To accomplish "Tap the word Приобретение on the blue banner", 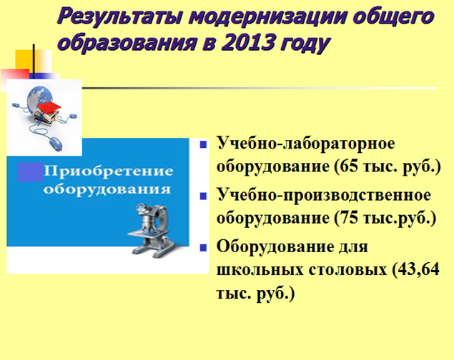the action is [109, 171].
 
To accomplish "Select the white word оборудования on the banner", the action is [107, 190].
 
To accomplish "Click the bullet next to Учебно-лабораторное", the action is [203, 144].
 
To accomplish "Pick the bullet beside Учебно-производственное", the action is [203, 196].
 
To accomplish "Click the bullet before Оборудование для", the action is [203, 248].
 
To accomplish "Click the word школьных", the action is [260, 270].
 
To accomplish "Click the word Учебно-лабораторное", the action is [306, 144].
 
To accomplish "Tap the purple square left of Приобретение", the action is [31, 172].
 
